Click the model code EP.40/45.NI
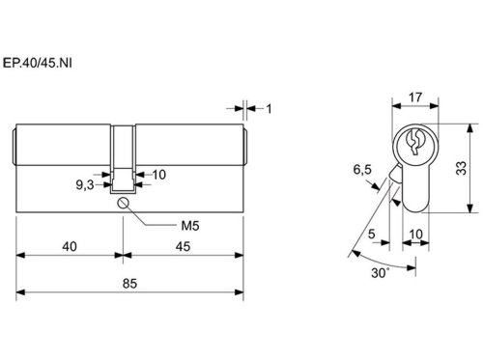(x=38, y=63)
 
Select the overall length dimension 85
(x=129, y=284)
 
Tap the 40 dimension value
(x=70, y=247)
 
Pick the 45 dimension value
(x=183, y=247)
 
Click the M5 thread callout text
(x=190, y=226)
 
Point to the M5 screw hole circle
(x=124, y=203)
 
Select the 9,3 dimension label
(x=85, y=185)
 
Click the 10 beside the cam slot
(x=159, y=175)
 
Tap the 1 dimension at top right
(x=269, y=109)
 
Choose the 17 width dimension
(x=415, y=97)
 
